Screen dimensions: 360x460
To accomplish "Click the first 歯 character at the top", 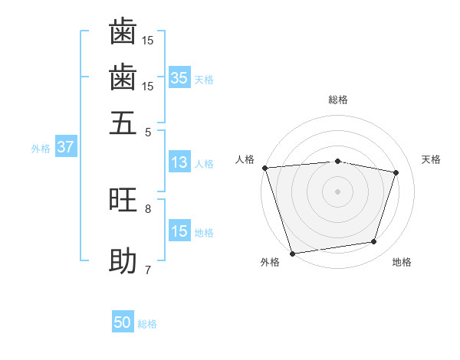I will (123, 32).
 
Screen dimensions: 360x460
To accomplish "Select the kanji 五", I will (123, 123).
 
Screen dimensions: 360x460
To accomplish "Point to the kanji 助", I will (123, 261).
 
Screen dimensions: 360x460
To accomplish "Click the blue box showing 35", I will (179, 77).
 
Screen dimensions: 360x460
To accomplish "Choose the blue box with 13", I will (179, 162).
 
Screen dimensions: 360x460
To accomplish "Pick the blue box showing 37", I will (65, 147).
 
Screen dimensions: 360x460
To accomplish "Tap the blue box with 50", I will (123, 322).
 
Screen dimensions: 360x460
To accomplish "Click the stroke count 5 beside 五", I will (149, 132).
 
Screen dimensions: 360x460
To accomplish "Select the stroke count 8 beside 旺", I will (149, 208).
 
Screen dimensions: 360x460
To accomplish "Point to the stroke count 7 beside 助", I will (149, 270).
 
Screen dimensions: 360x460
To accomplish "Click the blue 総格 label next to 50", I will (147, 324).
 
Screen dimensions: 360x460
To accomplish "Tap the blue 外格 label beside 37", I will (41, 149).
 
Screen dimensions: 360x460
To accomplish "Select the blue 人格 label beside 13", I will (204, 163).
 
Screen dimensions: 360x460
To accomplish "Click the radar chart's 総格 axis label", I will (338, 100).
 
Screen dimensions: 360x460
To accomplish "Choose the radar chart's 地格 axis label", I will (402, 263).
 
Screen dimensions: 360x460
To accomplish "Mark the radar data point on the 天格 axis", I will (396, 172).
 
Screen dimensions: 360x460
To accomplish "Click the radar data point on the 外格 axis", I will (292, 253).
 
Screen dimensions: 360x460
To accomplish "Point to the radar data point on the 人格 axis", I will (264, 168).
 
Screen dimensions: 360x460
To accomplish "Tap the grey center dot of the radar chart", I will (338, 191).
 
